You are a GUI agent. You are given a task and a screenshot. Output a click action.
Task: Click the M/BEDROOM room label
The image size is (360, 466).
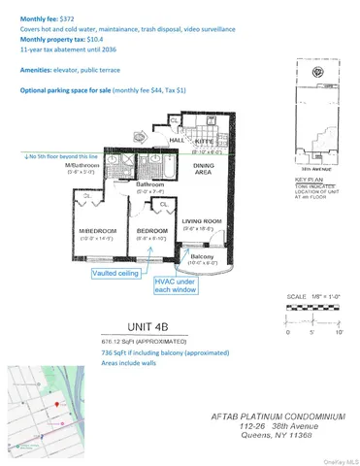click(x=98, y=229)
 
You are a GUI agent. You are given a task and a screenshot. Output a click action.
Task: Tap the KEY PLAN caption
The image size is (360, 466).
click(x=308, y=180)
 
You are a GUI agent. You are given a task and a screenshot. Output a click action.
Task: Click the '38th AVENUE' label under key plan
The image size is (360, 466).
click(x=307, y=167)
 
